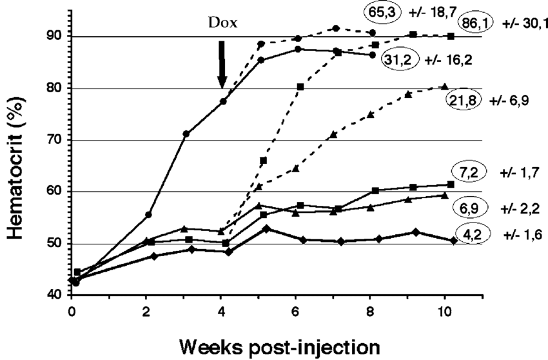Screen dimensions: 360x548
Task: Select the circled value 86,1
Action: (x=474, y=23)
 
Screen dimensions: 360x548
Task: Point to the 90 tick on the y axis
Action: (x=51, y=37)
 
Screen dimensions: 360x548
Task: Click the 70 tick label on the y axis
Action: (x=51, y=140)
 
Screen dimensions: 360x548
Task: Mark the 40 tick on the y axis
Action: (x=51, y=295)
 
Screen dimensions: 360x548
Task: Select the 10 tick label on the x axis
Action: (x=444, y=310)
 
